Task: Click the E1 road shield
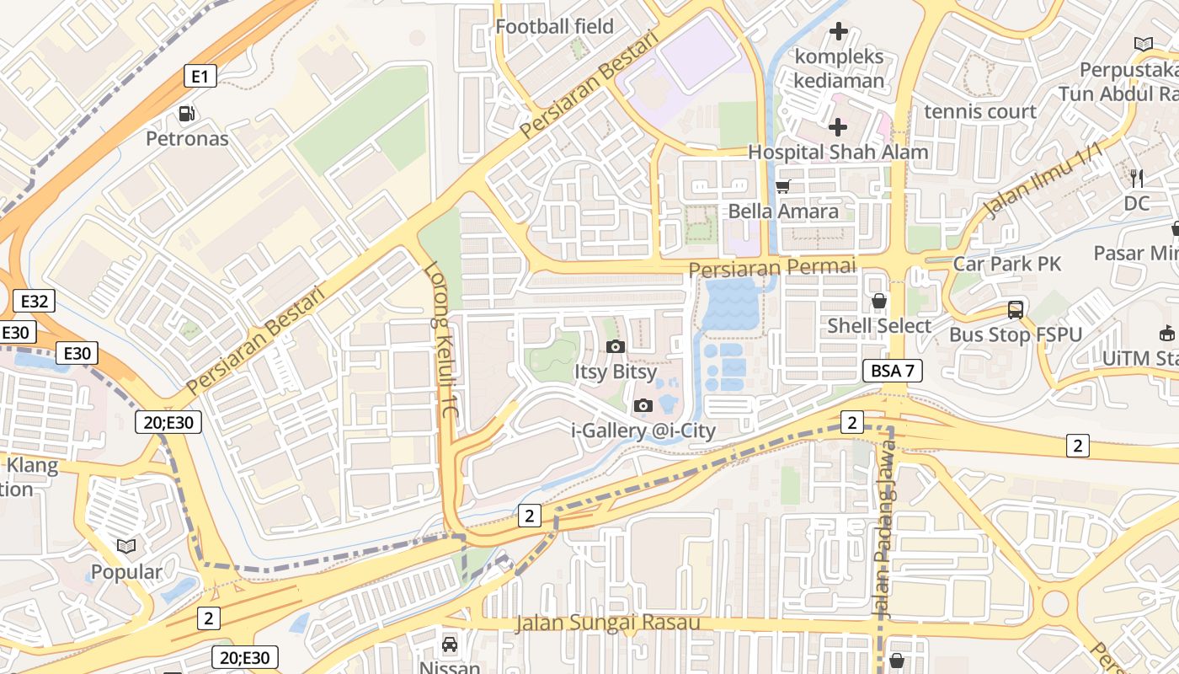point(200,77)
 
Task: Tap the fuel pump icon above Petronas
point(187,114)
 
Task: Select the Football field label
point(554,26)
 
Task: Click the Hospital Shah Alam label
point(838,152)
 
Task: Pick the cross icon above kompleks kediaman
point(838,32)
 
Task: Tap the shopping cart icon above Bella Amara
point(782,187)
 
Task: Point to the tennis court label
point(979,111)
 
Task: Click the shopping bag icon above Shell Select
point(879,301)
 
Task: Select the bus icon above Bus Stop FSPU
point(1016,309)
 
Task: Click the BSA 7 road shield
point(893,371)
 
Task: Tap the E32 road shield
point(35,301)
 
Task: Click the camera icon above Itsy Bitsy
point(615,346)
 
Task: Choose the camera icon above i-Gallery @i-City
point(643,406)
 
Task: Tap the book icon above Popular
point(126,546)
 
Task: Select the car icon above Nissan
point(450,645)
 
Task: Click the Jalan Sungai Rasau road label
point(607,623)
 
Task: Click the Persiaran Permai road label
point(771,267)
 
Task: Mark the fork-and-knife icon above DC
point(1136,178)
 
